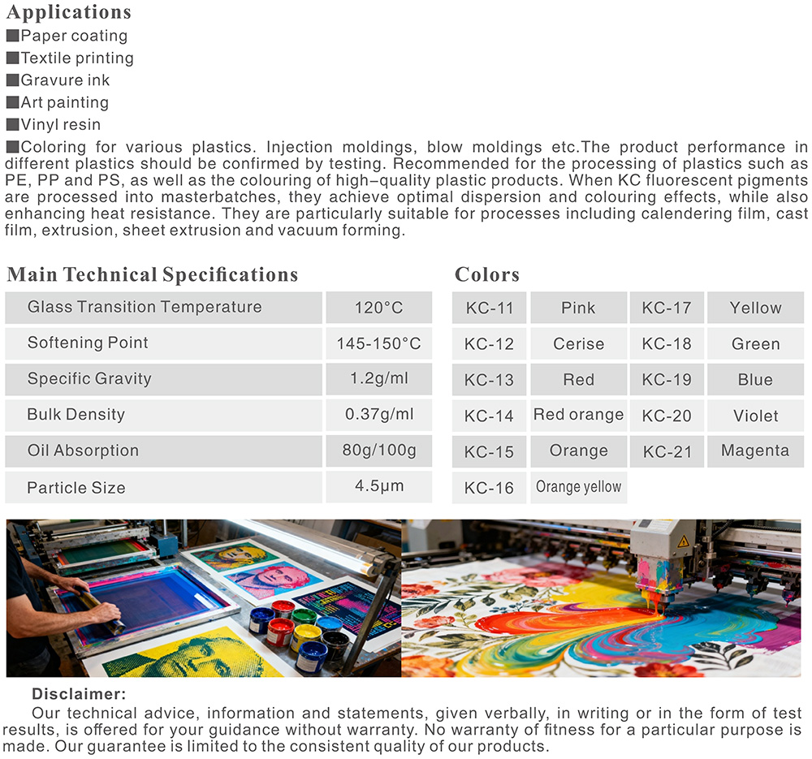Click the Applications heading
tap(69, 12)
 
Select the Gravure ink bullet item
tap(65, 80)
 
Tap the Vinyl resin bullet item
tap(61, 124)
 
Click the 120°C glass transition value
tap(378, 308)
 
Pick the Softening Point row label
tap(88, 343)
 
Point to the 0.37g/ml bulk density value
tap(378, 414)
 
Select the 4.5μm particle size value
tap(378, 487)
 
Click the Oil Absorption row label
tap(83, 451)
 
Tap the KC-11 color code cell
tap(489, 308)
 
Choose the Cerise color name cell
tap(578, 343)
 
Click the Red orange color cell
tap(578, 415)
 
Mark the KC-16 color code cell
tap(489, 488)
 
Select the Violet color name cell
tap(755, 416)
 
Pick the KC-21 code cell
tap(667, 451)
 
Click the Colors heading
tap(487, 274)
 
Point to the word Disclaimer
tap(79, 694)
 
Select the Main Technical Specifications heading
tap(153, 274)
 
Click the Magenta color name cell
tap(755, 451)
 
